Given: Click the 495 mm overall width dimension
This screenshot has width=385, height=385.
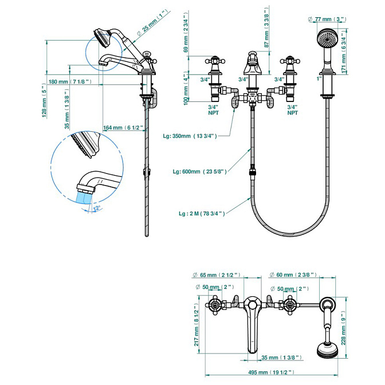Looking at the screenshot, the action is click(271, 372).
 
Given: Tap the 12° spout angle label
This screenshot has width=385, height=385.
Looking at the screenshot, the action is click(97, 208).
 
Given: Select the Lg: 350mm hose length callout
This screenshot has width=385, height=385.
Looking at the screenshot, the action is click(190, 136).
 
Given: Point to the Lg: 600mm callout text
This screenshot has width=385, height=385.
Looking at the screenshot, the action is click(199, 172).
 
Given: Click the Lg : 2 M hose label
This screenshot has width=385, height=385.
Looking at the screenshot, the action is click(202, 214).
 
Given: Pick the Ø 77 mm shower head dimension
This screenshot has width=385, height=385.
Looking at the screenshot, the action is click(327, 19).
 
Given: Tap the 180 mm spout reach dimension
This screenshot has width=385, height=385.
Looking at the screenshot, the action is click(70, 82).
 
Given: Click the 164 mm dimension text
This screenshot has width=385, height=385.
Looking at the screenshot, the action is click(123, 128).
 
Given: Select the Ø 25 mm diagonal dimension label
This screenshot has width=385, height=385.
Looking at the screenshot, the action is click(153, 23).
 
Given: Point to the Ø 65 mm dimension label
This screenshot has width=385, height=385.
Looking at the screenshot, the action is click(217, 275).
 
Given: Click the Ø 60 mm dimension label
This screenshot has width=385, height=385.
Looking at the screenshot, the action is click(293, 275).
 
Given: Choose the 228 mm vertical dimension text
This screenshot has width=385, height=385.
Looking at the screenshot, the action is click(343, 328).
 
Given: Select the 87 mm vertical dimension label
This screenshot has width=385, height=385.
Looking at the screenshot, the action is click(266, 27).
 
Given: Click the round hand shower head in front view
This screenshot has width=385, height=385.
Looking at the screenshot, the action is click(327, 38).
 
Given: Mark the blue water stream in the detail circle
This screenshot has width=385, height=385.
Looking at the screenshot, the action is click(85, 198).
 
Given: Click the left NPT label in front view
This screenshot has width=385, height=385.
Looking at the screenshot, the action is click(213, 113).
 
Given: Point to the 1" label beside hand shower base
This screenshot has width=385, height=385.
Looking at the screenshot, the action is click(319, 79).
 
